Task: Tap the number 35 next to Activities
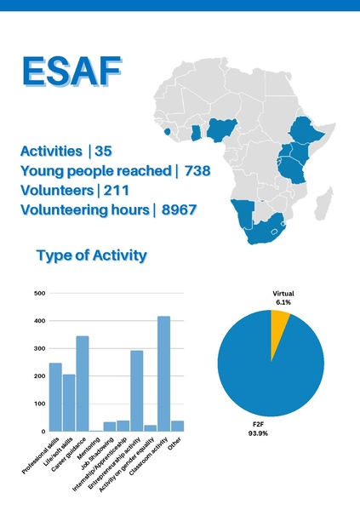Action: (103, 152)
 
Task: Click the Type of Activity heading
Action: (92, 255)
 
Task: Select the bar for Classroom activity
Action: (163, 374)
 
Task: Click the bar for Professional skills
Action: (55, 397)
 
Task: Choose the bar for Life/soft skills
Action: (69, 403)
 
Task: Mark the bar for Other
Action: (177, 426)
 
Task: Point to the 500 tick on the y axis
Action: (39, 294)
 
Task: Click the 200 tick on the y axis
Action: (39, 376)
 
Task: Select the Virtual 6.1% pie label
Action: (283, 297)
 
